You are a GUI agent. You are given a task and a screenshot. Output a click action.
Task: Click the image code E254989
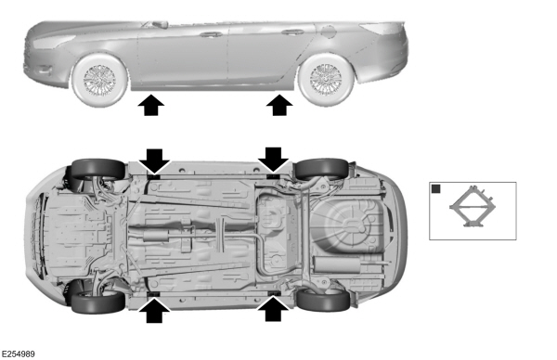[18, 354]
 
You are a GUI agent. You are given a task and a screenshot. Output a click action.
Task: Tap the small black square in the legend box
[436, 189]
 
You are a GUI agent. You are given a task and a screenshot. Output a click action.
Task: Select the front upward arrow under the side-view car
[151, 105]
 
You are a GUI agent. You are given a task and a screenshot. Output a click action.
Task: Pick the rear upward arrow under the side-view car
[279, 105]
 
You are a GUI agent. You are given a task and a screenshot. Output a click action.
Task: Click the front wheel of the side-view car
[99, 80]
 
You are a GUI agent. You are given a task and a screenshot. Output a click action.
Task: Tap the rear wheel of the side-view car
[326, 80]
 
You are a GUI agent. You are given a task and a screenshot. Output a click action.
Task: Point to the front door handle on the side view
[211, 34]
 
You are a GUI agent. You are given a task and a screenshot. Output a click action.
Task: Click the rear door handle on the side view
[293, 32]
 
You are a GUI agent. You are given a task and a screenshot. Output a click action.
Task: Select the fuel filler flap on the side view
[329, 32]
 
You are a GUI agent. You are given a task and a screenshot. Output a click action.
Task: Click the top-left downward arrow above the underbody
[154, 161]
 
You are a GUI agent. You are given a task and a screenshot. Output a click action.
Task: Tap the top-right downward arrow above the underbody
[274, 161]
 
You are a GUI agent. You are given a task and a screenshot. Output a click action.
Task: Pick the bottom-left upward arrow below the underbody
[154, 311]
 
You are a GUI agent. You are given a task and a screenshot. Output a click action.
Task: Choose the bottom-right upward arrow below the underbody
[274, 310]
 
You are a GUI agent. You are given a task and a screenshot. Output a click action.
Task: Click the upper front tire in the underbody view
[97, 169]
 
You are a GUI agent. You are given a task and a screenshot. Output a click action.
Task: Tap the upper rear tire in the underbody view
[322, 169]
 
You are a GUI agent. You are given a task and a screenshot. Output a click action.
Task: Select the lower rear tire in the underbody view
[323, 300]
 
